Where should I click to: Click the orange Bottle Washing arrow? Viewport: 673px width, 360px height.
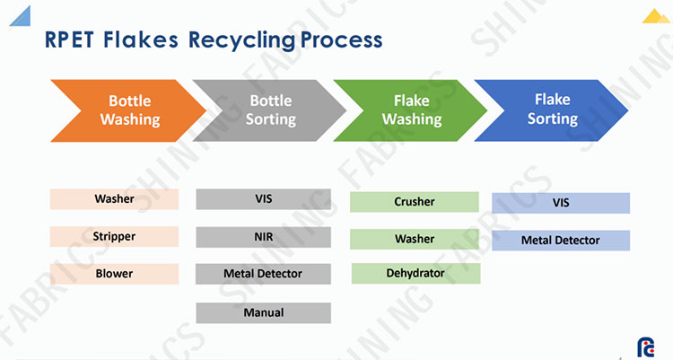pyautogui.click(x=128, y=110)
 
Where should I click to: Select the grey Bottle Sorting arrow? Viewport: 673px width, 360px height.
pyautogui.click(x=270, y=110)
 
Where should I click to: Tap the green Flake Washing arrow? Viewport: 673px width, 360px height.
pyautogui.click(x=411, y=110)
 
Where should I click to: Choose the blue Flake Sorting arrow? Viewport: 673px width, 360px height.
pyautogui.click(x=552, y=110)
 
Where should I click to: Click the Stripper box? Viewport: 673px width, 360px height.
pyautogui.click(x=114, y=237)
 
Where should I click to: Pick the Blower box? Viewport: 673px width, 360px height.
pyautogui.click(x=114, y=274)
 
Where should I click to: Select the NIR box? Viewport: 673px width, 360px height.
pyautogui.click(x=264, y=237)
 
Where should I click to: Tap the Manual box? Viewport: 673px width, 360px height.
pyautogui.click(x=264, y=312)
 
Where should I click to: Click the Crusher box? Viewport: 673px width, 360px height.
pyautogui.click(x=415, y=202)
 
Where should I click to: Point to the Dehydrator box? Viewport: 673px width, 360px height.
pyautogui.click(x=415, y=273)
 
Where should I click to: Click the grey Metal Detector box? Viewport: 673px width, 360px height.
pyautogui.click(x=263, y=274)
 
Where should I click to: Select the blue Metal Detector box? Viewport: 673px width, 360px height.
pyautogui.click(x=561, y=240)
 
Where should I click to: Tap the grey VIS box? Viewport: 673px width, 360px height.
pyautogui.click(x=264, y=199)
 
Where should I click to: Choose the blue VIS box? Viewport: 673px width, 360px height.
pyautogui.click(x=561, y=203)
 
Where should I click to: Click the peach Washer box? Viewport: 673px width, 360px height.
pyautogui.click(x=114, y=199)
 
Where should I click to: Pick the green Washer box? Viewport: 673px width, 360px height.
pyautogui.click(x=415, y=240)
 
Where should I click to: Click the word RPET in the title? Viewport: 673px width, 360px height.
pyautogui.click(x=69, y=40)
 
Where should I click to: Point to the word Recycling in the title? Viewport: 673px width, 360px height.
pyautogui.click(x=242, y=40)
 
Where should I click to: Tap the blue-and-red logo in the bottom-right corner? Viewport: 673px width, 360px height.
pyautogui.click(x=645, y=347)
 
